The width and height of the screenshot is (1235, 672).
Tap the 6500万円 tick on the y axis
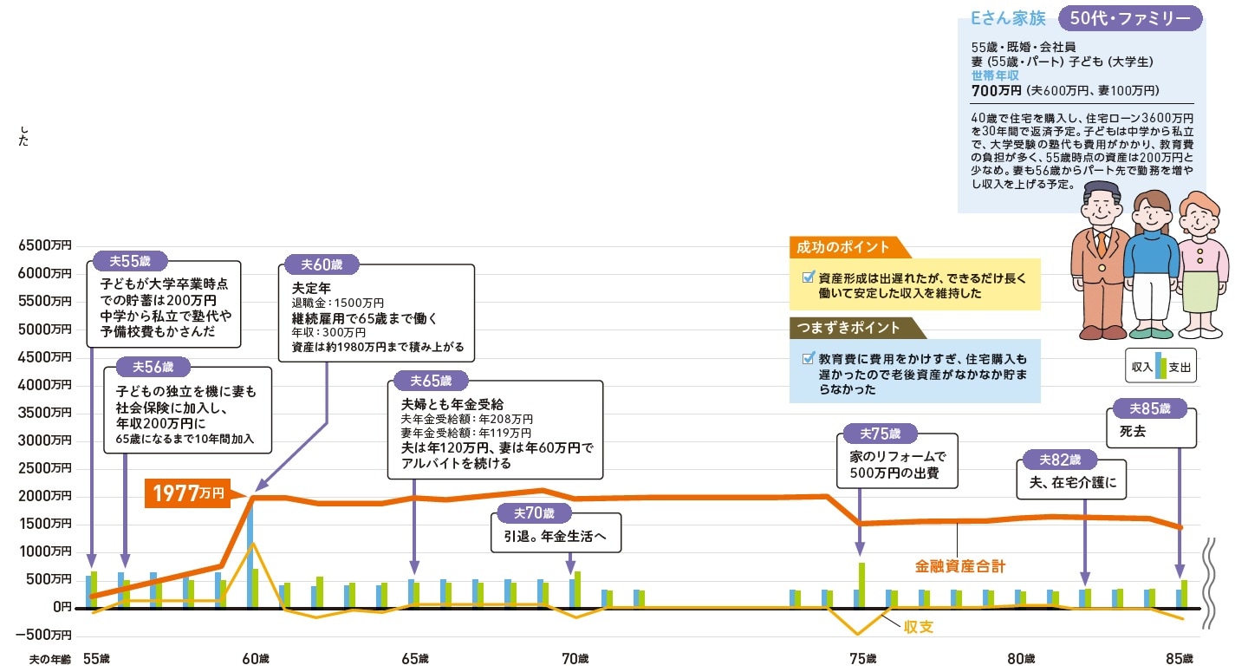44,245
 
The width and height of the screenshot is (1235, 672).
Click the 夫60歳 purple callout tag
322,264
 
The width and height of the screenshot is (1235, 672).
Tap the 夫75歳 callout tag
881,434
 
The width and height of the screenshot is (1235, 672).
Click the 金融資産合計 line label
960,567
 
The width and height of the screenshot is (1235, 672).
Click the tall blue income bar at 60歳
250,555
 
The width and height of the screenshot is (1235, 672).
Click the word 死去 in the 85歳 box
1134,431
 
